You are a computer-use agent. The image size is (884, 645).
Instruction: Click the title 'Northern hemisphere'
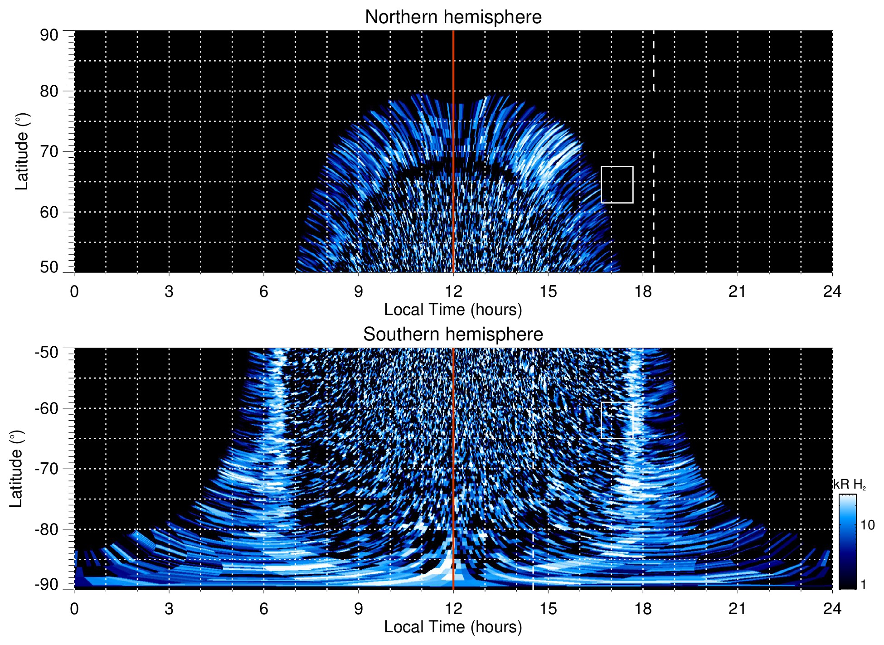(x=453, y=17)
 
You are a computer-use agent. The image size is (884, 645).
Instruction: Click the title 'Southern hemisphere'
(x=453, y=335)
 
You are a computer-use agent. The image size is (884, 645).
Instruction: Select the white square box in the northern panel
(x=617, y=184)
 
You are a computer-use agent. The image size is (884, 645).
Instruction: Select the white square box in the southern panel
(x=617, y=420)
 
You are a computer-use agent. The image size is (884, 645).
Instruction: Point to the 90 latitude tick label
(x=49, y=35)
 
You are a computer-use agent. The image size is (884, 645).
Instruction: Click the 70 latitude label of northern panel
(x=49, y=151)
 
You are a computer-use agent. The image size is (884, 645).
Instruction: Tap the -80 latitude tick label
(x=47, y=529)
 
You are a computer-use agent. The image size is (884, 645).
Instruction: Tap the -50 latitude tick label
(x=47, y=352)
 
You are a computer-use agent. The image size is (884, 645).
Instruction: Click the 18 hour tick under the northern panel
(x=643, y=291)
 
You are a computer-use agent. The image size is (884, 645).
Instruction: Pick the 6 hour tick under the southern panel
(x=264, y=609)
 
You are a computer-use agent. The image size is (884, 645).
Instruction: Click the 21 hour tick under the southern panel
(x=738, y=609)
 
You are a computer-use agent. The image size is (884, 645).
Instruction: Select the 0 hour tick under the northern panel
(x=74, y=291)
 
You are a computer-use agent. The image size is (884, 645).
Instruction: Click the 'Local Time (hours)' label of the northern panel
(x=453, y=310)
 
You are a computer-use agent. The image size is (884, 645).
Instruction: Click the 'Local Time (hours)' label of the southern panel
(x=453, y=627)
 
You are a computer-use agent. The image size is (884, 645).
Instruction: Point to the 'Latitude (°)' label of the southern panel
(x=16, y=469)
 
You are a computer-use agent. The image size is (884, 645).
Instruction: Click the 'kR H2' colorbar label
(x=850, y=485)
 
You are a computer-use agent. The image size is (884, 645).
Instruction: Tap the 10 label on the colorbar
(x=868, y=525)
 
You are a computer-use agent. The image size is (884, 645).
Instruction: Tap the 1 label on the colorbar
(x=863, y=585)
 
